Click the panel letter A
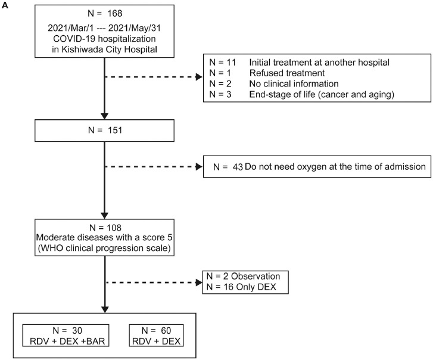(5, 5)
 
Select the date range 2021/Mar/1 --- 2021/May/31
(105, 29)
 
